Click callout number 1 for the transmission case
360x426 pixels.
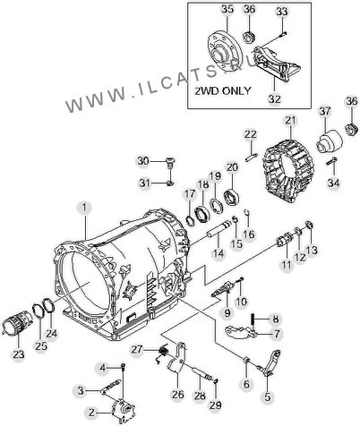click(x=85, y=208)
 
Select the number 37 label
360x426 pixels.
click(x=325, y=111)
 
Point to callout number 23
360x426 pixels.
click(x=19, y=355)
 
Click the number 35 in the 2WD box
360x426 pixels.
click(x=227, y=9)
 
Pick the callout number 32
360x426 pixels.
click(x=275, y=98)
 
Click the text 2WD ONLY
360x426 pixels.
click(x=223, y=90)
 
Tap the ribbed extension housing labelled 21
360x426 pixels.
click(x=288, y=171)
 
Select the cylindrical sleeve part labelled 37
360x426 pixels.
click(x=330, y=141)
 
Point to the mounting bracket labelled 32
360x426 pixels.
click(x=278, y=63)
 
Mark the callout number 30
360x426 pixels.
click(x=143, y=161)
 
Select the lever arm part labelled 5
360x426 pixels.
click(x=270, y=365)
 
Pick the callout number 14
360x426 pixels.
click(x=219, y=253)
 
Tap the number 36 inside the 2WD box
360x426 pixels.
click(x=250, y=9)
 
